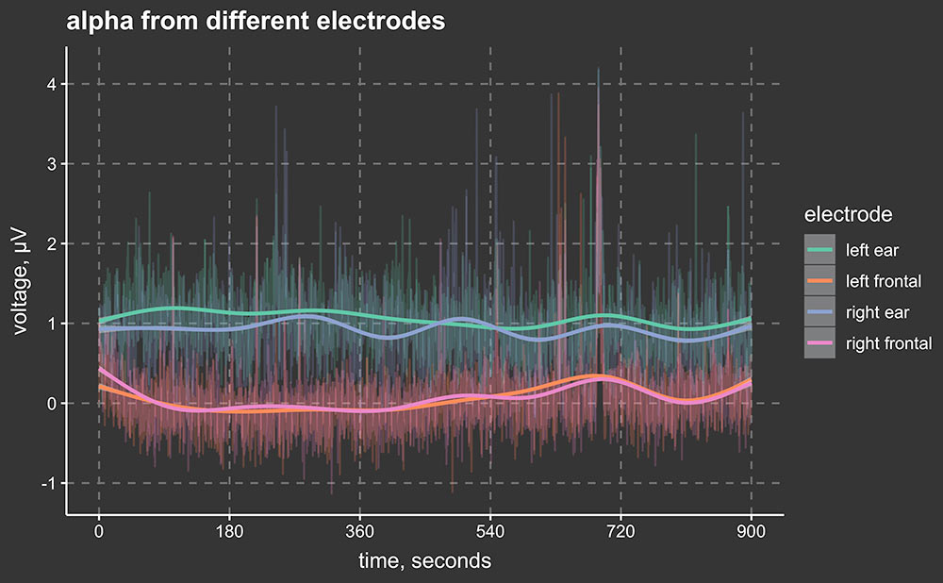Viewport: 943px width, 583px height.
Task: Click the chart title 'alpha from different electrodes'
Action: click(x=255, y=22)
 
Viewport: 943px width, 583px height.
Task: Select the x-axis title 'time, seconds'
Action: click(x=424, y=560)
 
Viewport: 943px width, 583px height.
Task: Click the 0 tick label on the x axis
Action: click(x=99, y=530)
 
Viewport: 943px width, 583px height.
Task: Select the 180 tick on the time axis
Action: click(x=229, y=530)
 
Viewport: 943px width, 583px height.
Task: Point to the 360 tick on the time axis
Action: click(x=359, y=530)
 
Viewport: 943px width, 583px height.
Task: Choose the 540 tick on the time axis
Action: click(x=490, y=530)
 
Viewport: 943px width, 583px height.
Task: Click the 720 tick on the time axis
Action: click(x=620, y=530)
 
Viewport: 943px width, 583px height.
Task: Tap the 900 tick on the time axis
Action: click(x=751, y=530)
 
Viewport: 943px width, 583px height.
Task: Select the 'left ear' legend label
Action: click(x=872, y=250)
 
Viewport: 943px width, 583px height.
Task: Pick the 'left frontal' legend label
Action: click(x=884, y=281)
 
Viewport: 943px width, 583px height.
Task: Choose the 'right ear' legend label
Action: click(x=877, y=312)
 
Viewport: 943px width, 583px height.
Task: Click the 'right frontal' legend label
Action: click(x=888, y=343)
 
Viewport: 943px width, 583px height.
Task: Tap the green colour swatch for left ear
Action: click(x=819, y=250)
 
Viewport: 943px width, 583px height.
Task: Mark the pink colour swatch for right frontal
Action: click(x=819, y=343)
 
